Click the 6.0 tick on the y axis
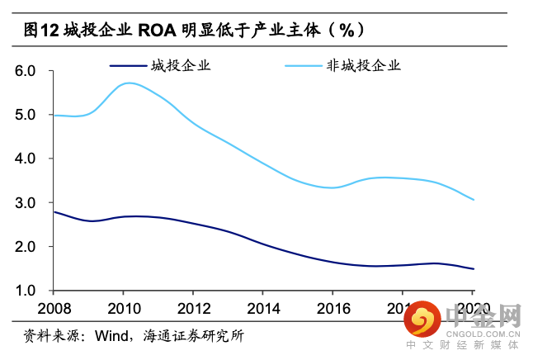pos(26,71)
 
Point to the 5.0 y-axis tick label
pos(26,115)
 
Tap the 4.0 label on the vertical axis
pos(26,159)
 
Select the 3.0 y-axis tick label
pos(26,203)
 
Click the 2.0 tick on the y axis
pos(26,247)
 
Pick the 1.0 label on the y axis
pos(26,291)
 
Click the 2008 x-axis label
pos(53,308)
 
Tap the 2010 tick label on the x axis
pos(123,308)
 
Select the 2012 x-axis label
pos(193,308)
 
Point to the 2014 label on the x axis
pos(263,308)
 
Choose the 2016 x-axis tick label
pos(333,308)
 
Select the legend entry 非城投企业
pos(364,65)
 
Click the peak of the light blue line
pos(129,83)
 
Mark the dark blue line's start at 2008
pos(54,212)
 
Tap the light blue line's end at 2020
pos(474,200)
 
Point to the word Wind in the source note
pos(112,336)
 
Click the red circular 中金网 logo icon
pos(425,319)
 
